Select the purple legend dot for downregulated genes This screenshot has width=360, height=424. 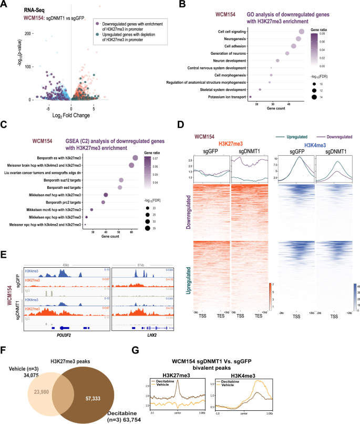tap(98, 24)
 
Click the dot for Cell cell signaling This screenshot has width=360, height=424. tap(301, 32)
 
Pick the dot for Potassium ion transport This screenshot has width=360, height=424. tap(250, 97)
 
